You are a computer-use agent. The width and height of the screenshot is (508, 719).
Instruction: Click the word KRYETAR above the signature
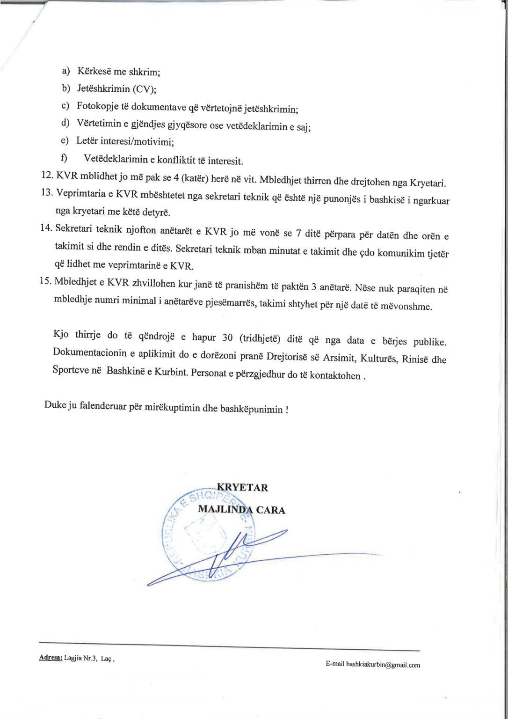242,487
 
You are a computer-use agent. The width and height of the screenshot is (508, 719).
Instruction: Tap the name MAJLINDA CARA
241,509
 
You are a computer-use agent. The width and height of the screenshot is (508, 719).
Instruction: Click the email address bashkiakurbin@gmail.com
383,664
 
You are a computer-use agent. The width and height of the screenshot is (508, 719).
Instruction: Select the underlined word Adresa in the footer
51,658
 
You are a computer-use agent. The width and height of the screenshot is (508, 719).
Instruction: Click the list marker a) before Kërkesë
66,71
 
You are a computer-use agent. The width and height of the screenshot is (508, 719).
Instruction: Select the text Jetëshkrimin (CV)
116,89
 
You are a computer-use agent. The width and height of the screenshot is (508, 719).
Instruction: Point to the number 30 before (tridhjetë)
227,337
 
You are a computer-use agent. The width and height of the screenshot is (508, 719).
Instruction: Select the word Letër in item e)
87,140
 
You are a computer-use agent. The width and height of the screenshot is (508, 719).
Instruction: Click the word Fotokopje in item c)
98,106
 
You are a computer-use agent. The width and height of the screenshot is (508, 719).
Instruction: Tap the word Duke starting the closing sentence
55,405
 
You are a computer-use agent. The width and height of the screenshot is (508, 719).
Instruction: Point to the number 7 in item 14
298,233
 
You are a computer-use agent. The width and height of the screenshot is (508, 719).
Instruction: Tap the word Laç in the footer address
106,658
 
